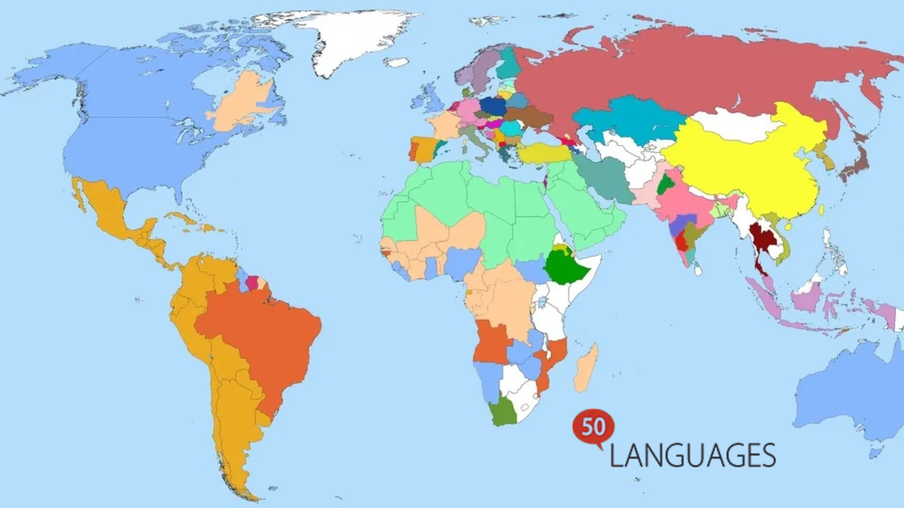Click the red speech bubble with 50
[593, 427]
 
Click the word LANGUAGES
[692, 455]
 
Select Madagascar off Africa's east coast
[586, 369]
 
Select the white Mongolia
[734, 125]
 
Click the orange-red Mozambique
[551, 362]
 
